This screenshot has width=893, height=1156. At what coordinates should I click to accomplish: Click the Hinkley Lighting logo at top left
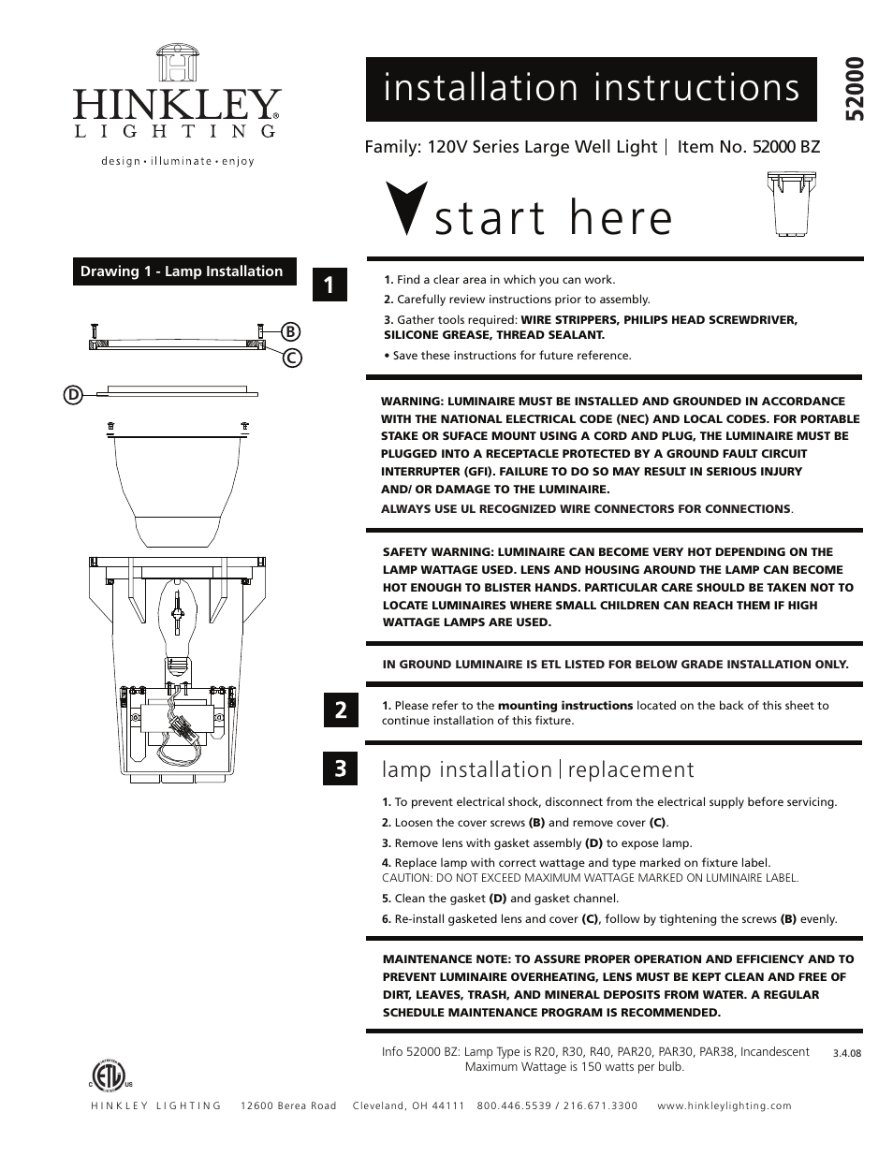(x=177, y=104)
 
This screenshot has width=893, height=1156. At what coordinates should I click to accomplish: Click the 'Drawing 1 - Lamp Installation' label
(x=182, y=271)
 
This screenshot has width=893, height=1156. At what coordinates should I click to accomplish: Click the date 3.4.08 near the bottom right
(x=846, y=1052)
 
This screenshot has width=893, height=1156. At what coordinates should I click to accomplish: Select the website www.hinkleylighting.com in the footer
(x=725, y=1105)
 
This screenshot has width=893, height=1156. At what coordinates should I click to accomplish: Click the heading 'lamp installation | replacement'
(x=538, y=769)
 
